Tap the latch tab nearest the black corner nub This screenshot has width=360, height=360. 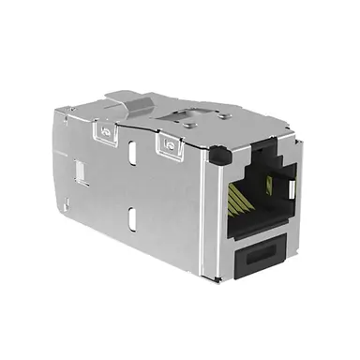coord(169,146)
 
